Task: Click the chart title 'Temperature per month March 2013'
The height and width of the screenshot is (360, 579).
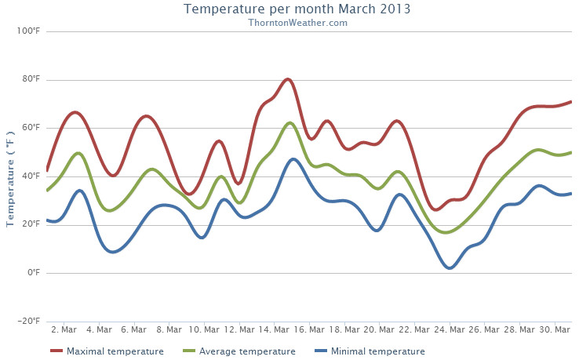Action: coord(297,9)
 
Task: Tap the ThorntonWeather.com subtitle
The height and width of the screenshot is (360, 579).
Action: coord(297,23)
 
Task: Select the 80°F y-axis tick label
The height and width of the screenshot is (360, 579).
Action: coord(29,80)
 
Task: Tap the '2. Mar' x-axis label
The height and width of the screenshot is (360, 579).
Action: coord(63,329)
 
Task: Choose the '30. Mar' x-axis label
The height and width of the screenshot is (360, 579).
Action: coord(554,329)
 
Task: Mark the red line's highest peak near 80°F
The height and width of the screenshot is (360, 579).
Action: coord(288,79)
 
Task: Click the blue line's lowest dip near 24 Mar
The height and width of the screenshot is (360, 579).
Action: coord(450,268)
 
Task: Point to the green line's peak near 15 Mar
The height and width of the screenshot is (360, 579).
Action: coord(289,123)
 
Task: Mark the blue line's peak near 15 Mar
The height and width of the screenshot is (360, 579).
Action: coord(293,159)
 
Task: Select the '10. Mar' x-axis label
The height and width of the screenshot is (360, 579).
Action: coord(203,329)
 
